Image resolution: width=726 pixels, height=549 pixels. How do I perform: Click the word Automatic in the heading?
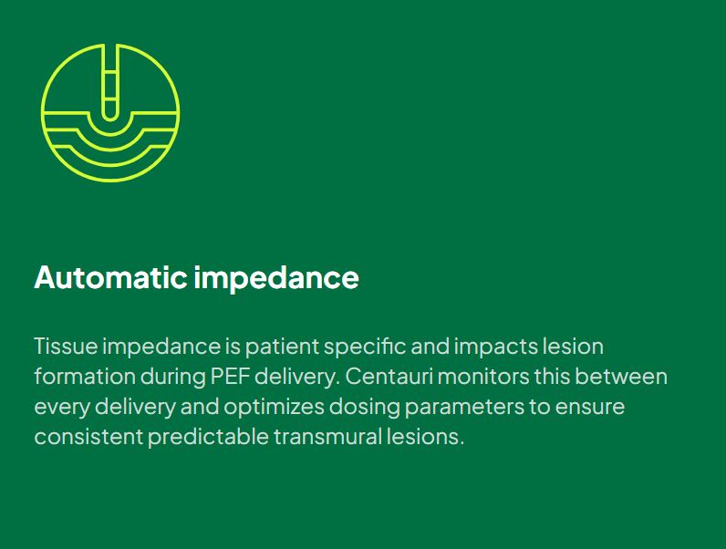[110, 277]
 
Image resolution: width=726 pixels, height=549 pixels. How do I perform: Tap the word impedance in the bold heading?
[276, 277]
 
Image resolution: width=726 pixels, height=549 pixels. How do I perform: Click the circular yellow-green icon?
[110, 112]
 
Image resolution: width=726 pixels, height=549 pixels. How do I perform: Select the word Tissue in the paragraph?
[65, 347]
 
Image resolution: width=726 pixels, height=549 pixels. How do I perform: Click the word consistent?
[88, 437]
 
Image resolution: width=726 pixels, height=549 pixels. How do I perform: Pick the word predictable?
[208, 437]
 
